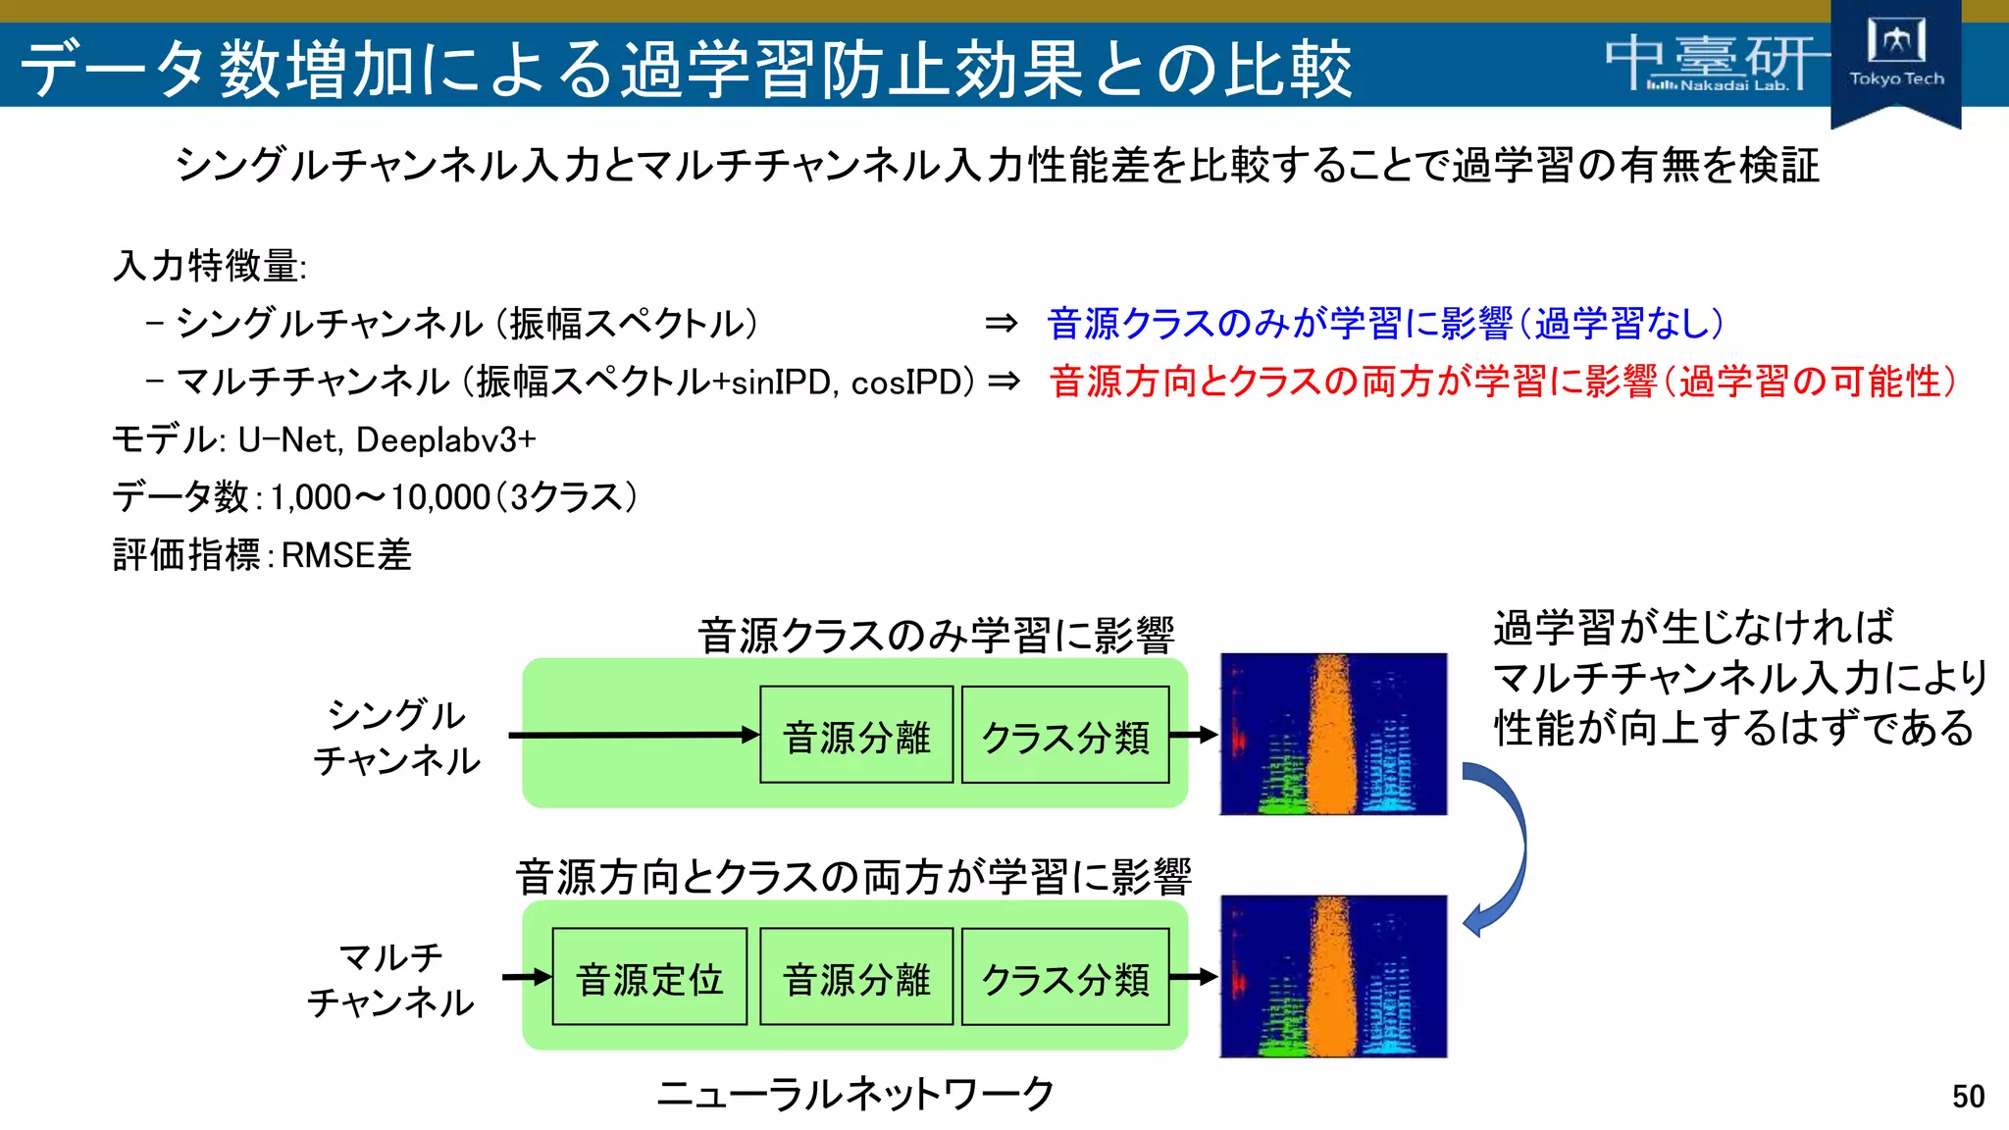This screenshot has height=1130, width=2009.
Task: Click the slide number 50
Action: point(1967,1096)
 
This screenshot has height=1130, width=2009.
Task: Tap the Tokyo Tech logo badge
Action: point(1895,59)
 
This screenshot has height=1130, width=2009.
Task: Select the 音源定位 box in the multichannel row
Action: point(649,978)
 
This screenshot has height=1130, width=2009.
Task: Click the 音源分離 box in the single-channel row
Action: point(856,736)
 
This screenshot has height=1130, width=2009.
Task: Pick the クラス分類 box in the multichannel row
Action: point(1065,978)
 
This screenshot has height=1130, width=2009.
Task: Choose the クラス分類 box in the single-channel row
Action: point(1065,736)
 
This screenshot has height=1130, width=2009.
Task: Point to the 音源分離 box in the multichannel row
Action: point(856,978)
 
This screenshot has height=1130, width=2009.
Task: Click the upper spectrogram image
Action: point(1333,734)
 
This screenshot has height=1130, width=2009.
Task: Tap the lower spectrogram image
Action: point(1333,976)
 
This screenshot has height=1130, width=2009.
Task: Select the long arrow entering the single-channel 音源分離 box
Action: point(633,735)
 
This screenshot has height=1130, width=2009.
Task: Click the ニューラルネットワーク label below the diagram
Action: point(855,1093)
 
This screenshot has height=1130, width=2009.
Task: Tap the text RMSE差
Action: point(346,555)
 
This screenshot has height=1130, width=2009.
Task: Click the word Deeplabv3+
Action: point(446,439)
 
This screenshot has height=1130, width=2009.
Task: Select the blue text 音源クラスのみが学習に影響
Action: point(1280,324)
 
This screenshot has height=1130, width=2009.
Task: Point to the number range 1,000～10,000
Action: point(381,497)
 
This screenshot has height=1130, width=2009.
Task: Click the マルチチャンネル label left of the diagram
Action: point(390,979)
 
